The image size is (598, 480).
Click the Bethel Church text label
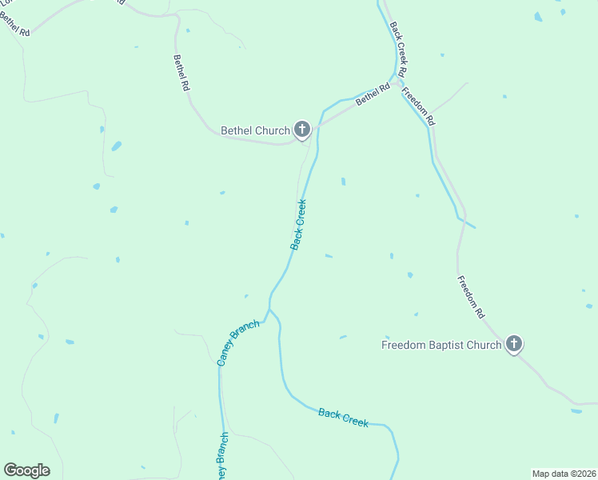click(254, 130)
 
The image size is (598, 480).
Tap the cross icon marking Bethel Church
click(302, 129)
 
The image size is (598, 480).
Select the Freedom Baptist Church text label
click(441, 346)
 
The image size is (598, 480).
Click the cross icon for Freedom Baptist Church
click(513, 345)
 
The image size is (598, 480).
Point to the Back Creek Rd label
click(399, 49)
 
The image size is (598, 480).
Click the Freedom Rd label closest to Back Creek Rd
click(418, 106)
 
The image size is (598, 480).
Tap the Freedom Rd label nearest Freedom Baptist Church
click(471, 297)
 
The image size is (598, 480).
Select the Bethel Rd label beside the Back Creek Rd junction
click(373, 95)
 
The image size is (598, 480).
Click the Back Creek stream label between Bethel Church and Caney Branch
click(298, 225)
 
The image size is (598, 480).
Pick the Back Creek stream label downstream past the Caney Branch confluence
click(343, 417)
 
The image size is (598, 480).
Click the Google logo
click(26, 470)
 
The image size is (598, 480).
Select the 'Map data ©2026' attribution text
click(564, 473)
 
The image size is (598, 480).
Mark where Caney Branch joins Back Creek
click(269, 309)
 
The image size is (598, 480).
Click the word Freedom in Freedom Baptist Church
click(401, 346)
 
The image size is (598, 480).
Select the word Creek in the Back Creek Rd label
click(399, 48)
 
